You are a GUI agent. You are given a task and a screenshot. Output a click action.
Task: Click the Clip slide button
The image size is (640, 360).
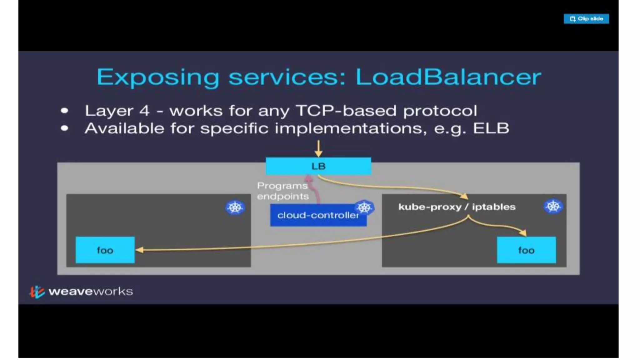point(586,19)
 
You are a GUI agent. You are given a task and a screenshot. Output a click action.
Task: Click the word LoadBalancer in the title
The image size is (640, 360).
point(448,77)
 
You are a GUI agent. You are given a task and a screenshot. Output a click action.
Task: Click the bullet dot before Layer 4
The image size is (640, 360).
point(65,111)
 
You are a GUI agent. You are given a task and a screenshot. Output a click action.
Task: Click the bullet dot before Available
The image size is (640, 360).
point(65,128)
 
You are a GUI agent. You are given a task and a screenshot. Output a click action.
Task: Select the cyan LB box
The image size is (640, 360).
point(318,166)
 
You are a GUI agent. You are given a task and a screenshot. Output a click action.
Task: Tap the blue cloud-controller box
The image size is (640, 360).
point(318,215)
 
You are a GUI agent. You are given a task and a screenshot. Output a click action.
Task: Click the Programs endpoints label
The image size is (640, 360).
point(282,191)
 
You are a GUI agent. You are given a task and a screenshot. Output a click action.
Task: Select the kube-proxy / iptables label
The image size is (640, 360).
point(457,207)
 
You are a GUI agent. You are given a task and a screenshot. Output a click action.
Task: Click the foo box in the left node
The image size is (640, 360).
point(105,250)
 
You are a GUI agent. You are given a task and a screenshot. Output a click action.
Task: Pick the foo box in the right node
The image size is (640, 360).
point(526,250)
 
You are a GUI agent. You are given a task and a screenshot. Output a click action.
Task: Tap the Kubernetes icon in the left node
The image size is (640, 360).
point(235,207)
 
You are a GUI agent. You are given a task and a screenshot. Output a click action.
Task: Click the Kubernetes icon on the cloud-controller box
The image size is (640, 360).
point(364,207)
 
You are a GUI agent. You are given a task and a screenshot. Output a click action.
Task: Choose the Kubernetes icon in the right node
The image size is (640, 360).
point(553,207)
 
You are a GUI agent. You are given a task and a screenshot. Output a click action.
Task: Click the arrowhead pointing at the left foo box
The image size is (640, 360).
point(139,250)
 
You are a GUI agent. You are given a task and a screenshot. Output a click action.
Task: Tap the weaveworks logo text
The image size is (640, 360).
point(91,292)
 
